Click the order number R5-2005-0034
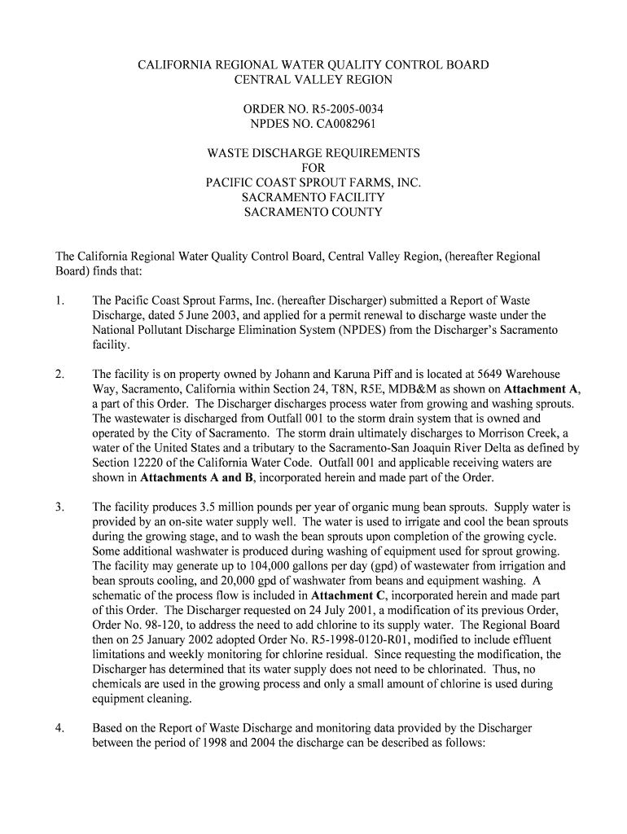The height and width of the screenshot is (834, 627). pyautogui.click(x=342, y=109)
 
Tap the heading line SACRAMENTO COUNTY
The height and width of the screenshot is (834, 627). pyautogui.click(x=313, y=212)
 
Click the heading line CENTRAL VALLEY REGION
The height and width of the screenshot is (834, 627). pyautogui.click(x=313, y=80)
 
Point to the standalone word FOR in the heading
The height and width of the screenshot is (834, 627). pyautogui.click(x=313, y=168)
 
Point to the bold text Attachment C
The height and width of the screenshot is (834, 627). pyautogui.click(x=347, y=595)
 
